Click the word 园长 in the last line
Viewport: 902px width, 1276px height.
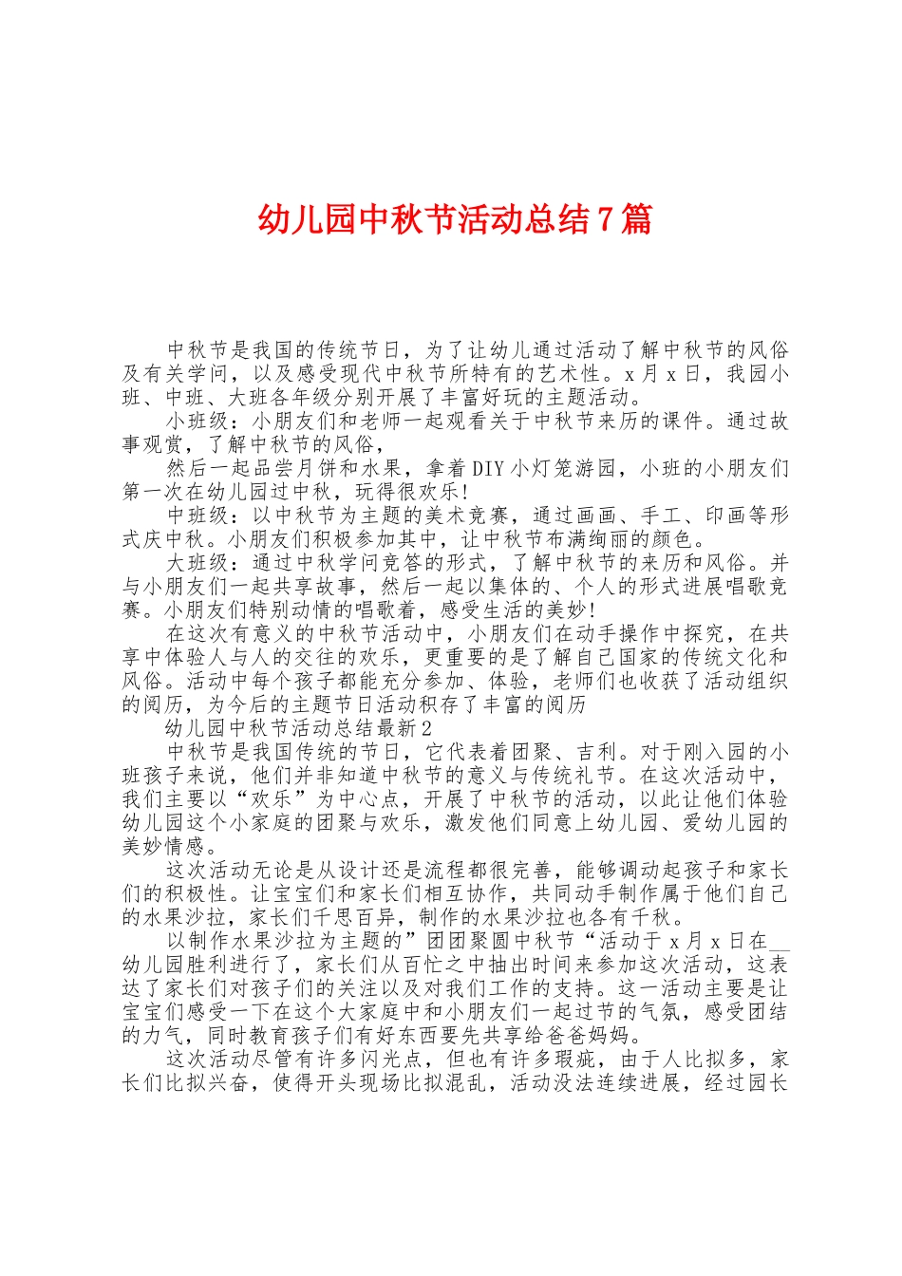(767, 1082)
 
